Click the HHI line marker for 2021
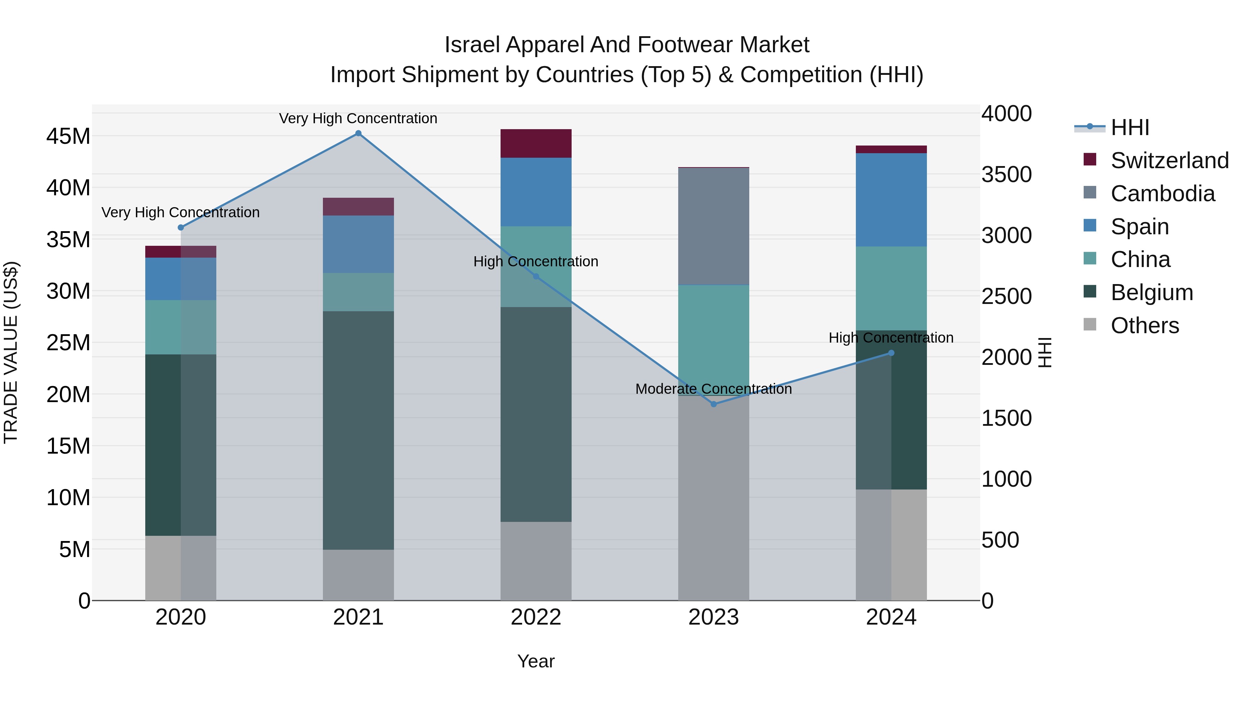(x=358, y=133)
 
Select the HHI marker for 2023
(x=714, y=404)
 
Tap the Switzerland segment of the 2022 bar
(x=536, y=143)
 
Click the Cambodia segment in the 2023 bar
(x=714, y=226)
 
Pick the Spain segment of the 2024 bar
(x=891, y=200)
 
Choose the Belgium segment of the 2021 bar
(x=358, y=431)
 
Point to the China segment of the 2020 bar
(x=180, y=328)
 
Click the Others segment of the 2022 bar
(x=536, y=561)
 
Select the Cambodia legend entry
(x=1162, y=194)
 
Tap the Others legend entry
(x=1145, y=326)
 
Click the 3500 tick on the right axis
(x=1006, y=175)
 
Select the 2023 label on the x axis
(x=714, y=617)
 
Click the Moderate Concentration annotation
(x=714, y=389)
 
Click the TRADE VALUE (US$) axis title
(x=11, y=352)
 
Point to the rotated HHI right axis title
(x=1045, y=352)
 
